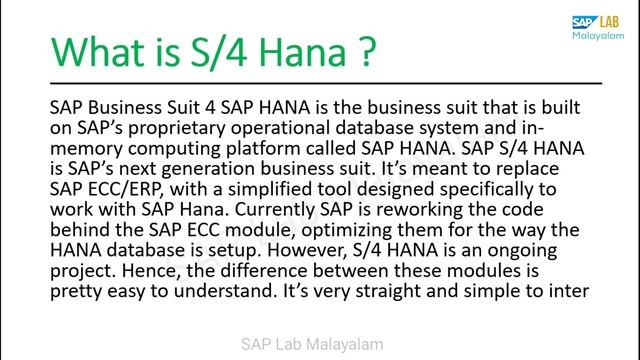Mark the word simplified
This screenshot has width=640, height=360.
(x=264, y=184)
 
